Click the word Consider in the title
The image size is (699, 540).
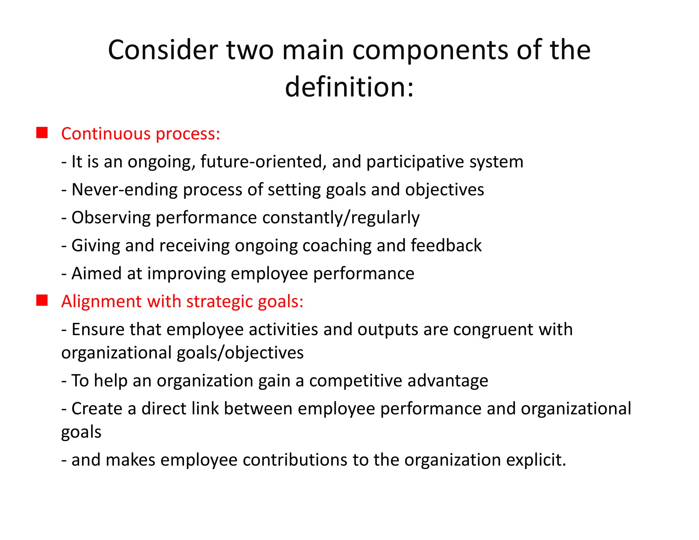coord(163,50)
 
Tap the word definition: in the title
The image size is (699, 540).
coord(349,87)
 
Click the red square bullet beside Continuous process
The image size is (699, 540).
coord(42,133)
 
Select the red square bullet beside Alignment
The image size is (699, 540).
coord(42,300)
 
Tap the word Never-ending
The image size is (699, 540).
coord(125,190)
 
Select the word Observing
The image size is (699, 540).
coord(111,218)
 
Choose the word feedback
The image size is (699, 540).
coord(446,246)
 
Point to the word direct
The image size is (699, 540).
coord(164,409)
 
